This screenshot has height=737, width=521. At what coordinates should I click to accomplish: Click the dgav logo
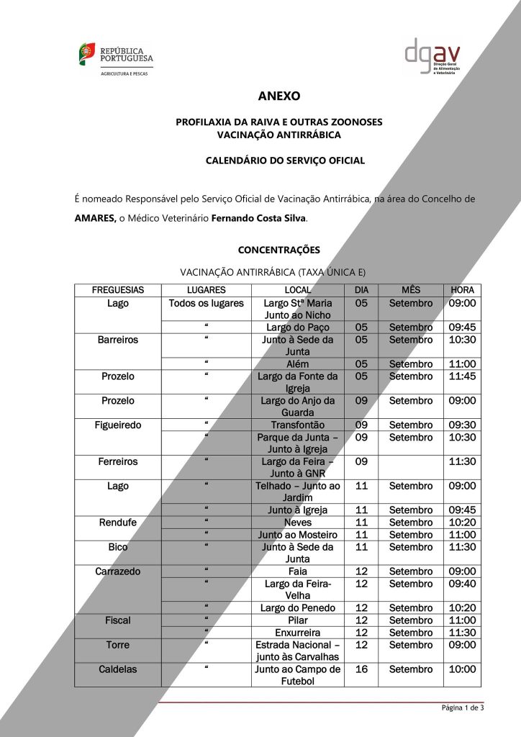pos(431,57)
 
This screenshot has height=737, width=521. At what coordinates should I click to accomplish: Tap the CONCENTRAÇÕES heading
pos(278,250)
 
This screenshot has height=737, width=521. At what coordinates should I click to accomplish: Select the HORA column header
pos(461,290)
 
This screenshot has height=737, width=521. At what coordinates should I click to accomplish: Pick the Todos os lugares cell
pos(206,303)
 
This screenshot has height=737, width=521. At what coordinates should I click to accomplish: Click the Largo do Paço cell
pos(297,327)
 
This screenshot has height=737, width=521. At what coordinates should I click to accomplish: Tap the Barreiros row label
pos(117,340)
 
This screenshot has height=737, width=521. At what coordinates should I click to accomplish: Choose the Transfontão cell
pos(297,425)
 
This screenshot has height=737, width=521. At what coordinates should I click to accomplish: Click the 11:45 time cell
pos(461,376)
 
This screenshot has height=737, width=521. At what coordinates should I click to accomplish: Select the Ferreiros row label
pos(117,462)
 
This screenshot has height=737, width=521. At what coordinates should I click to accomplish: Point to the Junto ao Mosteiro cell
pos(297,535)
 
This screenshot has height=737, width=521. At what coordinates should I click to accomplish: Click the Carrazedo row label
pos(117,571)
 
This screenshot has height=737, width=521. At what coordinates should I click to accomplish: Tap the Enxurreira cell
pos(297,633)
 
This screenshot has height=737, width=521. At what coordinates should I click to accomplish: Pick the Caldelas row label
pos(117,669)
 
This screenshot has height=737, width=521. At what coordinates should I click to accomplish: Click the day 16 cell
pos(361,669)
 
